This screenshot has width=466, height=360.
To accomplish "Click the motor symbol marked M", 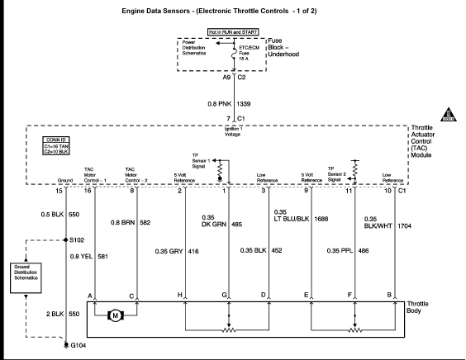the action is [x=116, y=315].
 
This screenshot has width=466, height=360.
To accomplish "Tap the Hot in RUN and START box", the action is [x=233, y=32].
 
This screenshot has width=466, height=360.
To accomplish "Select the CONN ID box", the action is [x=56, y=145].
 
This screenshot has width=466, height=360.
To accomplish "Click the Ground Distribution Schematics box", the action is [x=26, y=278].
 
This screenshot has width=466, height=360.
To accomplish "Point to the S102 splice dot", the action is [x=65, y=240].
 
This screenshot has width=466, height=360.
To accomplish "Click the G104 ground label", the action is [x=78, y=345].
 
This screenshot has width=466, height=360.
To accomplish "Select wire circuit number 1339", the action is [x=244, y=104].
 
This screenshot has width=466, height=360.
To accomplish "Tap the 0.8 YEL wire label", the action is [x=82, y=256].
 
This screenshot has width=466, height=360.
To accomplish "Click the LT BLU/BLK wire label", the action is [x=292, y=219].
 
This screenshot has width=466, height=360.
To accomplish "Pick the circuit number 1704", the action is [x=405, y=226].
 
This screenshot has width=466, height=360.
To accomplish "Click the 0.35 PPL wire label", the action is [x=340, y=251].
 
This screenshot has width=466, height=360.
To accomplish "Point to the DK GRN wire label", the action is [x=214, y=225].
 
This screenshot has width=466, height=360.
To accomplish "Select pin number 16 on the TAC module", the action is [x=88, y=191].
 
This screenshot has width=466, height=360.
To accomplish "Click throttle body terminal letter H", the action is [x=180, y=295].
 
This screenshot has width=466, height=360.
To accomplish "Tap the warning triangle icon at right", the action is [x=448, y=115].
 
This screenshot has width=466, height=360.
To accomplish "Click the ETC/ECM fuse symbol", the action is [x=234, y=54].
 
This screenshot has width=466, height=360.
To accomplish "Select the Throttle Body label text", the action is [x=417, y=307].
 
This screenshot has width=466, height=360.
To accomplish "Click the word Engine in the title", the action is [x=135, y=11].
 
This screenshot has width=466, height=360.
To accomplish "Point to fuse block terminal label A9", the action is [x=226, y=78].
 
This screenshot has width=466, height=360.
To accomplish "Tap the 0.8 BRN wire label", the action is [x=123, y=222].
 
